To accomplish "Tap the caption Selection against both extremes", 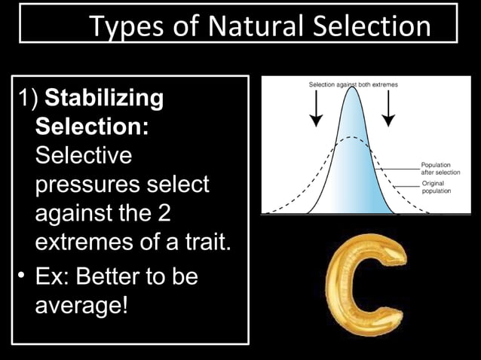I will [x=354, y=84].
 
